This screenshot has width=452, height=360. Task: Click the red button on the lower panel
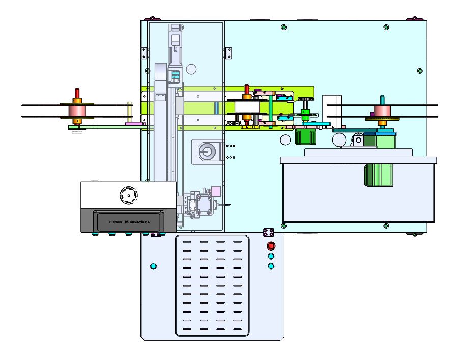271,246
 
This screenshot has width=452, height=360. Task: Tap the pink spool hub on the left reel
77,110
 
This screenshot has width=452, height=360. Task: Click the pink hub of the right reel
382,111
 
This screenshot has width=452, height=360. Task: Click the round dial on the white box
128,194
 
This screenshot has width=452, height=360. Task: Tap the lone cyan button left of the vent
153,266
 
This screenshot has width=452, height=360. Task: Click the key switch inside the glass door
206,151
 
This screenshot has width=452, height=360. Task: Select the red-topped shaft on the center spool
247,90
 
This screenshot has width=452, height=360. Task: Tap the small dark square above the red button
269,233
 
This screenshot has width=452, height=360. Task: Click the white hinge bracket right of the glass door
229,52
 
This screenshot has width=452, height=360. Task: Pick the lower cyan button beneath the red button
271,266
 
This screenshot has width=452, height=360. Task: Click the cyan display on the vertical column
175,75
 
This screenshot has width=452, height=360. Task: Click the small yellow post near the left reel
130,112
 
